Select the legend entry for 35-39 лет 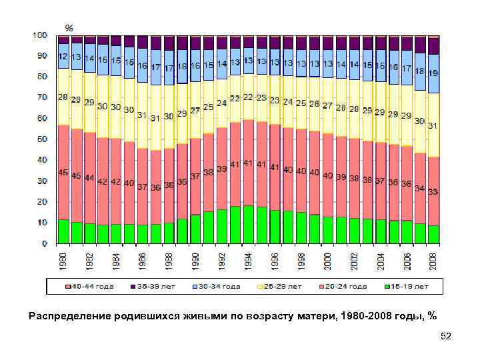pyautogui.click(x=157, y=286)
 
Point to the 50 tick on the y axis pyautogui.click(x=41, y=139)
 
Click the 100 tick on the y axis pyautogui.click(x=39, y=35)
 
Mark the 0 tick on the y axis pyautogui.click(x=44, y=243)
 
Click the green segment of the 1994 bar pyautogui.click(x=249, y=225)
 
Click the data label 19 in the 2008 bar pyautogui.click(x=433, y=73)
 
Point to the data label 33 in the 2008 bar pyautogui.click(x=433, y=191)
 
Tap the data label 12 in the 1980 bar pyautogui.click(x=63, y=56)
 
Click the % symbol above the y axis pyautogui.click(x=69, y=27)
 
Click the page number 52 pyautogui.click(x=446, y=337)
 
